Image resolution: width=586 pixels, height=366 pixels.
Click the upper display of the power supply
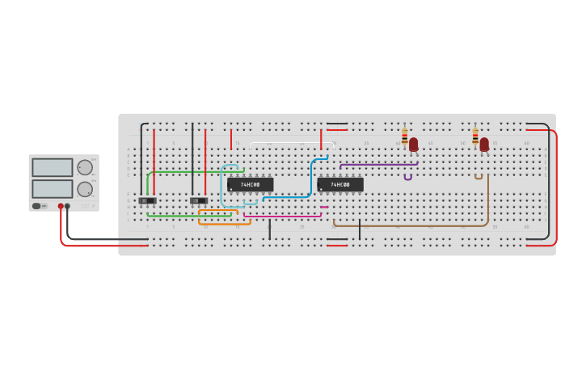click(x=52, y=167)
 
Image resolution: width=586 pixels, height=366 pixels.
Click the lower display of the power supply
click(x=52, y=189)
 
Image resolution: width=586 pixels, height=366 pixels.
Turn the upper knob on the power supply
click(x=84, y=167)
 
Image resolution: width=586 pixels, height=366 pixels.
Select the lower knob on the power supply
click(x=84, y=189)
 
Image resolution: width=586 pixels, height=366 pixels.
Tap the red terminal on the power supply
click(x=61, y=206)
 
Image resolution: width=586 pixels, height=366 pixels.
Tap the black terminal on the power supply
click(x=67, y=206)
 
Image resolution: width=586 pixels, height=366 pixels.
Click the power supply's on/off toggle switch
click(x=36, y=206)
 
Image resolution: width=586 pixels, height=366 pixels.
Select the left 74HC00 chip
click(x=250, y=185)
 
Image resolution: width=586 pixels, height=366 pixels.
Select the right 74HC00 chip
click(x=340, y=185)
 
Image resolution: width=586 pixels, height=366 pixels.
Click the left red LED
click(x=413, y=144)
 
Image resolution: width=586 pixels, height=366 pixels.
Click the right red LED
click(x=484, y=144)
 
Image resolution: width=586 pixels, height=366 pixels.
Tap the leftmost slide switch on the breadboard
click(x=147, y=200)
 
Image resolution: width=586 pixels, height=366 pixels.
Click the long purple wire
click(x=378, y=165)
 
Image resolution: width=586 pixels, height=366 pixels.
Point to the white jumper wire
click(x=291, y=143)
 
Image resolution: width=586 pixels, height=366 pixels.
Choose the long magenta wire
click(x=283, y=216)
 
